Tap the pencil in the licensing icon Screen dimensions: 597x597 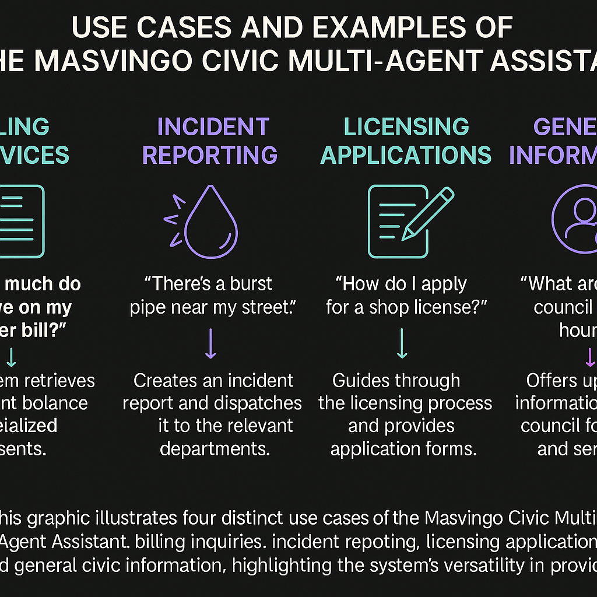(x=429, y=213)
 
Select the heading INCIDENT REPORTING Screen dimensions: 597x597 (x=210, y=141)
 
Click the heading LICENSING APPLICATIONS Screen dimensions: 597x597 (x=406, y=141)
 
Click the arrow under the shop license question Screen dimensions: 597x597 (x=402, y=344)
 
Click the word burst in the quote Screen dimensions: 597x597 (x=249, y=284)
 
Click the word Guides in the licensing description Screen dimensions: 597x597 (x=364, y=381)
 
